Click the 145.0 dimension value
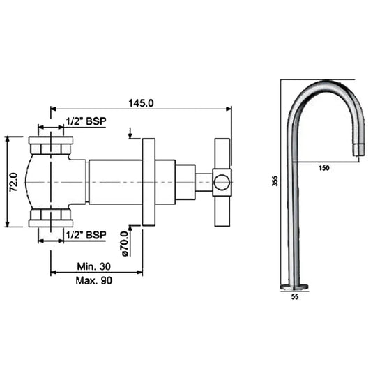tap(140, 102)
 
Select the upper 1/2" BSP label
tap(86, 121)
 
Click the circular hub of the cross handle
tap(222, 183)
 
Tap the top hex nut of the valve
tap(51, 146)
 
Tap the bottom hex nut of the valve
tap(51, 218)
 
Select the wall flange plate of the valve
tap(149, 182)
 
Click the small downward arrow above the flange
tap(130, 132)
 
